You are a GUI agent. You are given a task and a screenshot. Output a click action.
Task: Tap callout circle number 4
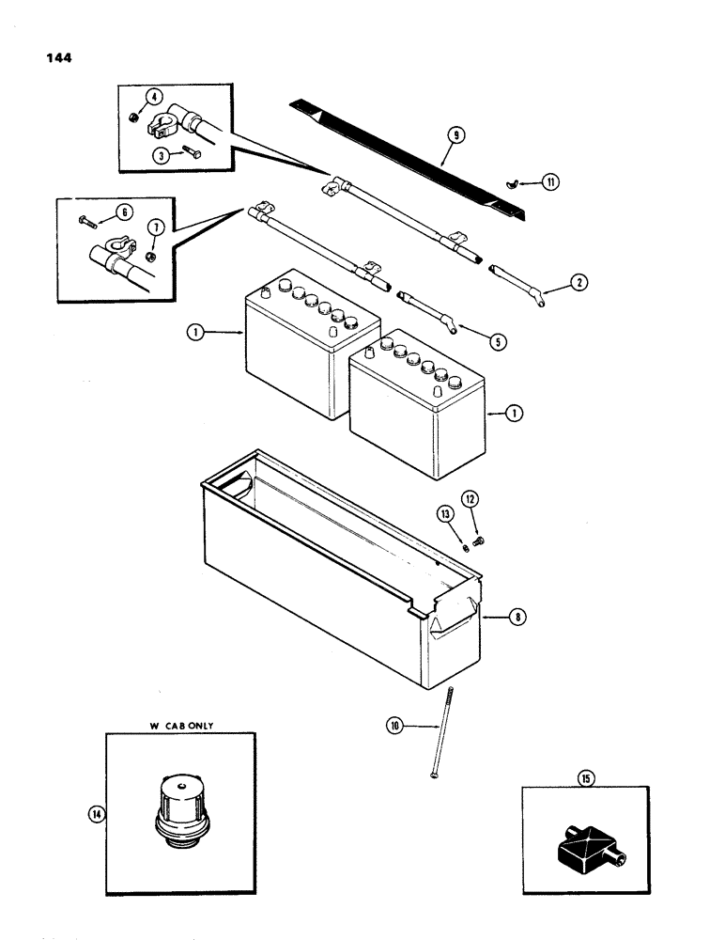[154, 96]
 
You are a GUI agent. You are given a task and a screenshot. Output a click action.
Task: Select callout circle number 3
[162, 156]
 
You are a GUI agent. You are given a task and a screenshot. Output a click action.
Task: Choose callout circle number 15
[587, 777]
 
